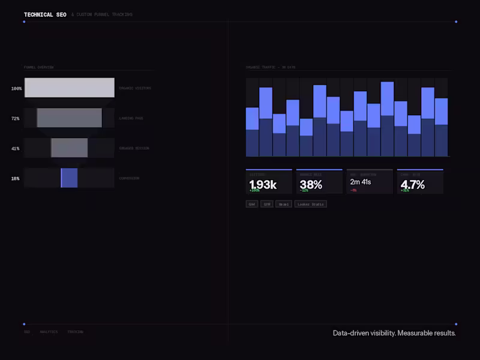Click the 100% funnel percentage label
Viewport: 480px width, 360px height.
tap(16, 89)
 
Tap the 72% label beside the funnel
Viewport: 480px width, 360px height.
tap(16, 119)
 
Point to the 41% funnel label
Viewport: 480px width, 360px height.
tap(16, 149)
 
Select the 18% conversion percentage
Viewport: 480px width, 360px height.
tap(16, 179)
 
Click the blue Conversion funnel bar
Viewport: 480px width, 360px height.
tap(70, 178)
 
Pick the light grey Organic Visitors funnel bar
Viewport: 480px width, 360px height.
tap(69, 88)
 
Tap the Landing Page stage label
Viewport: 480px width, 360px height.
tap(131, 119)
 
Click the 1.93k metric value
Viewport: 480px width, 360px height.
tap(263, 184)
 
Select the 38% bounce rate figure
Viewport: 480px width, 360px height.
tap(311, 184)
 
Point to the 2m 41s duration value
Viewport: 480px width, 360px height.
tap(361, 182)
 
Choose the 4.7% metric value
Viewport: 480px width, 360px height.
tap(413, 184)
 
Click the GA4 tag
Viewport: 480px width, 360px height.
tap(252, 204)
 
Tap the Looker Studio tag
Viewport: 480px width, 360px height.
tap(311, 204)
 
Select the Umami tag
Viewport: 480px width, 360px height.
tap(284, 204)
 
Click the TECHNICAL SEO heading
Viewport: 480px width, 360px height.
tap(45, 14)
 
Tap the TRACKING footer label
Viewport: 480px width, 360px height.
tap(75, 332)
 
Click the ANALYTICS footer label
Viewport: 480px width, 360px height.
tap(49, 332)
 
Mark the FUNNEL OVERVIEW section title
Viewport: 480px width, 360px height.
tap(38, 67)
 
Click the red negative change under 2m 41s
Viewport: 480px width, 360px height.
tap(353, 190)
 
